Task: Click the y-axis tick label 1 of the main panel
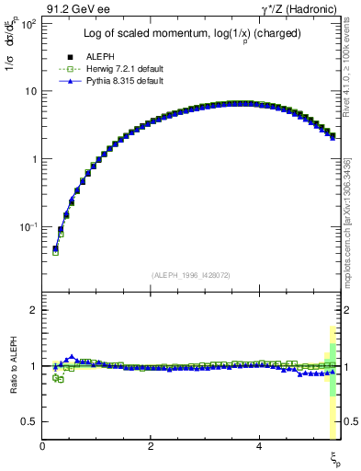click(x=32, y=159)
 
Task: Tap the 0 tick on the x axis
click(x=42, y=445)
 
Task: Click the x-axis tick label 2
click(x=151, y=445)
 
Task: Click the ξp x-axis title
click(x=336, y=457)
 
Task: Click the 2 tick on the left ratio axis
click(x=32, y=310)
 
